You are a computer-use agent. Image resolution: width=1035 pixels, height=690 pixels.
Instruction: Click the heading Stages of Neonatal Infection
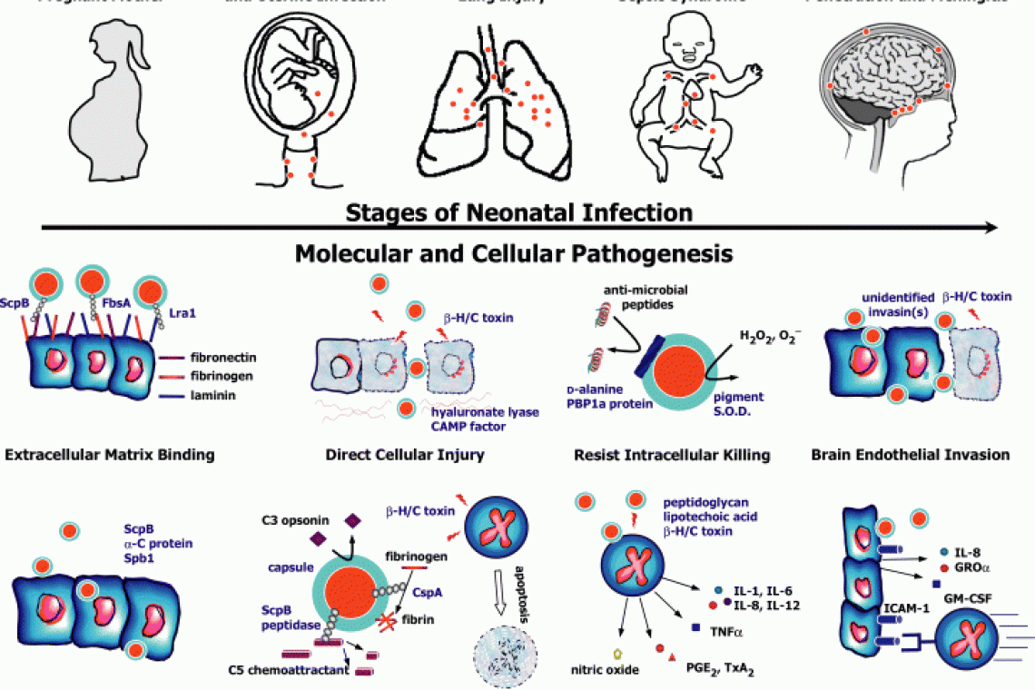[519, 213]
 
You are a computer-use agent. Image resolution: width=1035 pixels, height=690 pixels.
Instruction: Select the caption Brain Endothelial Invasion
[910, 454]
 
